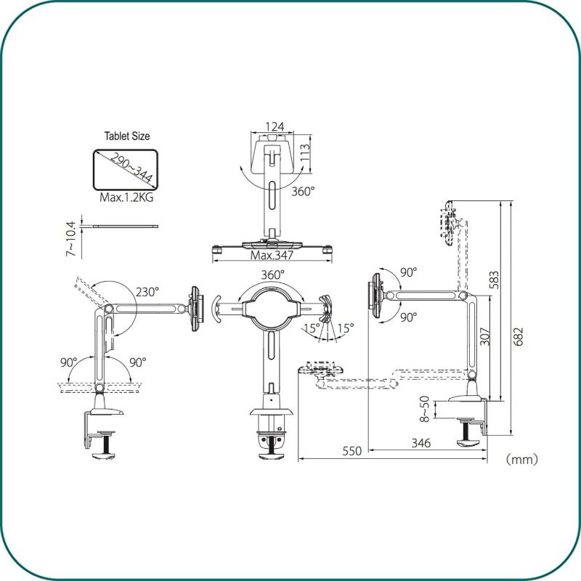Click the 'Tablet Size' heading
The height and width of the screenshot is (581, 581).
click(127, 136)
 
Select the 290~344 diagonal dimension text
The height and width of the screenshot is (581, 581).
click(131, 168)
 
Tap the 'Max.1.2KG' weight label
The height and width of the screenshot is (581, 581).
click(126, 197)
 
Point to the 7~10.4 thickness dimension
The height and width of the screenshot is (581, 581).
click(70, 239)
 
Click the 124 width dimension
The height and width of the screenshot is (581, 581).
click(275, 126)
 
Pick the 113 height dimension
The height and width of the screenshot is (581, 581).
click(304, 153)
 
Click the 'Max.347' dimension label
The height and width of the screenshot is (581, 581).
click(272, 255)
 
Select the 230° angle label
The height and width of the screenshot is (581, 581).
click(147, 292)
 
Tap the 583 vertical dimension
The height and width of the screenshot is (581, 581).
click(495, 280)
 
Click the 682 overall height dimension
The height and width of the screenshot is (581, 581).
click(519, 336)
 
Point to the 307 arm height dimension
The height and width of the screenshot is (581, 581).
click(485, 336)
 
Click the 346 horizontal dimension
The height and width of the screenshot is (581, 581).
click(421, 443)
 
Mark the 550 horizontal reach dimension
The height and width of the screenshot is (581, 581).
click(352, 451)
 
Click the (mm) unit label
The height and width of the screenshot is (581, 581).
click(521, 460)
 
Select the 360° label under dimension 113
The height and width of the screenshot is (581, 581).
click(303, 191)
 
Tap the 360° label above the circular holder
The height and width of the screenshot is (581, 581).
click(273, 275)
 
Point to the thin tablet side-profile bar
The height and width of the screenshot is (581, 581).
click(126, 226)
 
